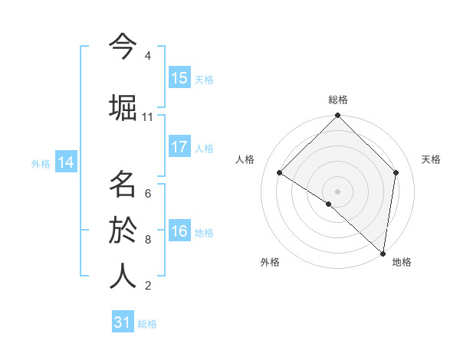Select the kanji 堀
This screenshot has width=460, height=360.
point(123,108)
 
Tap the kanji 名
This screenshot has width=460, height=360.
point(123,185)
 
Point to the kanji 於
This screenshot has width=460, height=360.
point(123,231)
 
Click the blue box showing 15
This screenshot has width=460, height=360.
point(179,77)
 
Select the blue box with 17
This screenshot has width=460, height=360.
point(179,147)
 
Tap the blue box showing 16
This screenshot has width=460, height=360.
point(179,231)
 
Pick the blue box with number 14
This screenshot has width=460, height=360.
point(66,162)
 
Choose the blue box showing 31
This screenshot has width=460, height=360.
point(123,322)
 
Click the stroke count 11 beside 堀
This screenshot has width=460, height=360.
point(147,117)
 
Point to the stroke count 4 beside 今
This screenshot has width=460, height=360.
point(147,56)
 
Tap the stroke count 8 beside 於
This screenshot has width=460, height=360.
point(147,240)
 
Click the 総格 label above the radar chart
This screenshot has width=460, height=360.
point(337,100)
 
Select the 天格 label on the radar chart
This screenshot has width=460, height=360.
point(431,159)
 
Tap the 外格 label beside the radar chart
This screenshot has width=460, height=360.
point(269,262)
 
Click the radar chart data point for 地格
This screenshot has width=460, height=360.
point(383,253)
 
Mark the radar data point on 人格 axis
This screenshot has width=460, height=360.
point(280,172)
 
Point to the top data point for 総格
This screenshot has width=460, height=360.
point(337,116)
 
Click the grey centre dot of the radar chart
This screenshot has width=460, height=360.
point(337,191)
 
